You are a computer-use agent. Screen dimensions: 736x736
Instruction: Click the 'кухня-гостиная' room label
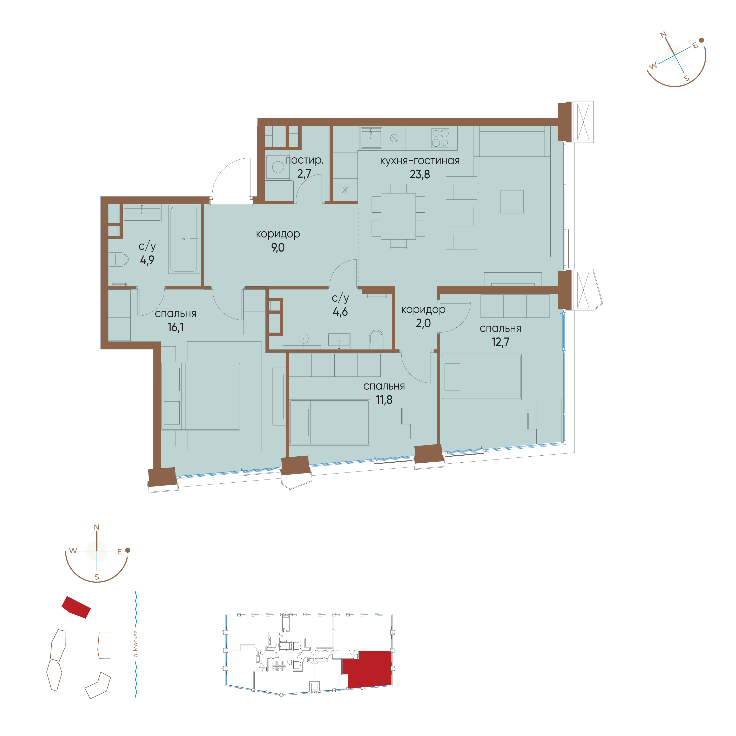point(420,161)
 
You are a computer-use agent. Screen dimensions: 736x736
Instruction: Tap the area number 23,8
point(420,174)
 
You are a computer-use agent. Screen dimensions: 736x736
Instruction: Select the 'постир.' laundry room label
point(304,160)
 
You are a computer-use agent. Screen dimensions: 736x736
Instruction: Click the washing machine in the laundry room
point(278,167)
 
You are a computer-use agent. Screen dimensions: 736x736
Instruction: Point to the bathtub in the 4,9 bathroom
point(184,239)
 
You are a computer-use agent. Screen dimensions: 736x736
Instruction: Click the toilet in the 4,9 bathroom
point(118,259)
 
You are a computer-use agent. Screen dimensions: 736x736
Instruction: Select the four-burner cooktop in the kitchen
point(440,138)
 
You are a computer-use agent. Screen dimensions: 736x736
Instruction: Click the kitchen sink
point(371,138)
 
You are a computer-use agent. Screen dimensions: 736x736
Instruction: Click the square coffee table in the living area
point(512,201)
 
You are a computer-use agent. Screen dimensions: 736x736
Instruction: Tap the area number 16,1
point(175,327)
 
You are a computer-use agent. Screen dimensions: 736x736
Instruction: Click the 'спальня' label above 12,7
point(500,328)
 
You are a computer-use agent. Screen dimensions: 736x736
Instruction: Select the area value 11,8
point(384,400)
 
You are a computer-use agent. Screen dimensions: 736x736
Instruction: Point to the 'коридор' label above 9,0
point(278,234)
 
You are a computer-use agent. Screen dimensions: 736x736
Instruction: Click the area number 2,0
point(423,323)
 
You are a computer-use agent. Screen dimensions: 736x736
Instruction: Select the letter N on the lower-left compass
point(97,528)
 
